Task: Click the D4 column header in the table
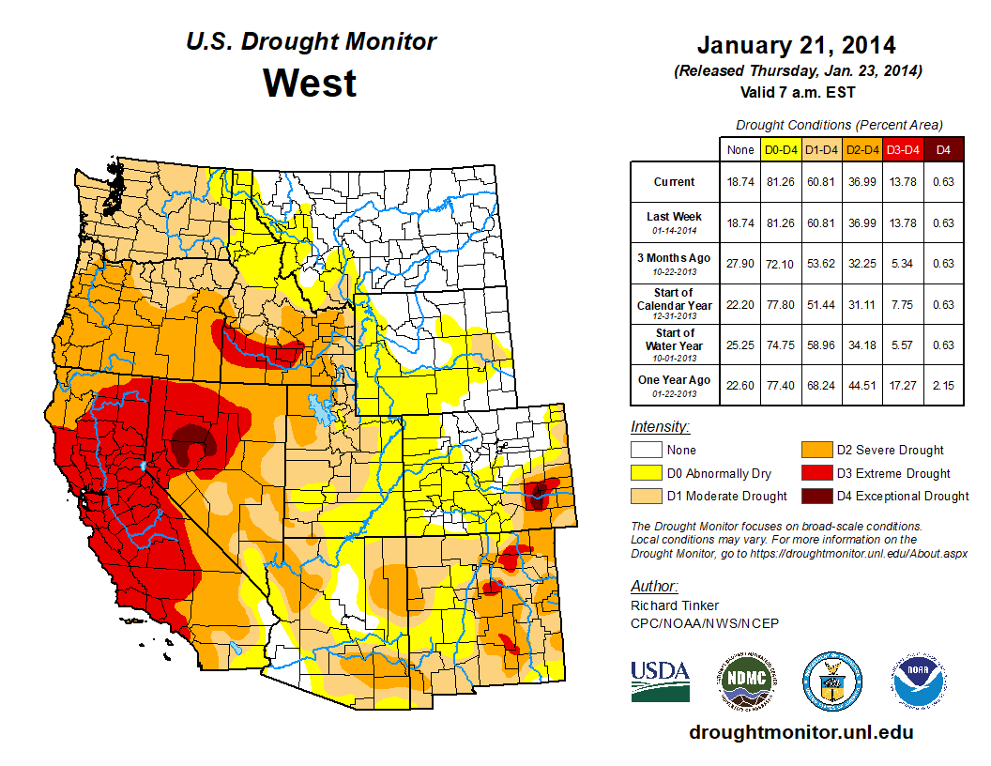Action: pos(943,149)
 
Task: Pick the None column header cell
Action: pos(739,149)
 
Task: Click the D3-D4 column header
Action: pos(901,149)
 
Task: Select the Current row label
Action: pos(675,182)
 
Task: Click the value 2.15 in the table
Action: pos(943,380)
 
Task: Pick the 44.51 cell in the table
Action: pos(861,380)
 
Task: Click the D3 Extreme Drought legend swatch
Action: pos(814,473)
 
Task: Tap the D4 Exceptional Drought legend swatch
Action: pos(814,496)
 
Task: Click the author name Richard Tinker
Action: pos(675,605)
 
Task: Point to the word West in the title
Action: pos(310,83)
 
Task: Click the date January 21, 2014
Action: pos(796,45)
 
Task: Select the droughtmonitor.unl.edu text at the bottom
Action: pos(800,732)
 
